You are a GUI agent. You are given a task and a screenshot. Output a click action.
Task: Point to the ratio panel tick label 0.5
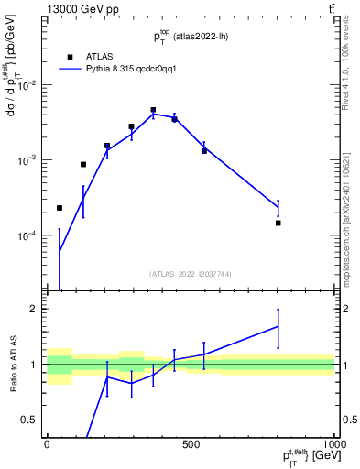coord(30,420)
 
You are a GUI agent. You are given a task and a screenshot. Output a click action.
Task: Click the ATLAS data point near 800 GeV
coord(278,223)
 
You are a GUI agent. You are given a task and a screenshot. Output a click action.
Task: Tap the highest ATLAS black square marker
coord(153,110)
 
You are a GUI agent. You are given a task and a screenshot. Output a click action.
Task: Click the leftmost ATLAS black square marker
coord(60,208)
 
